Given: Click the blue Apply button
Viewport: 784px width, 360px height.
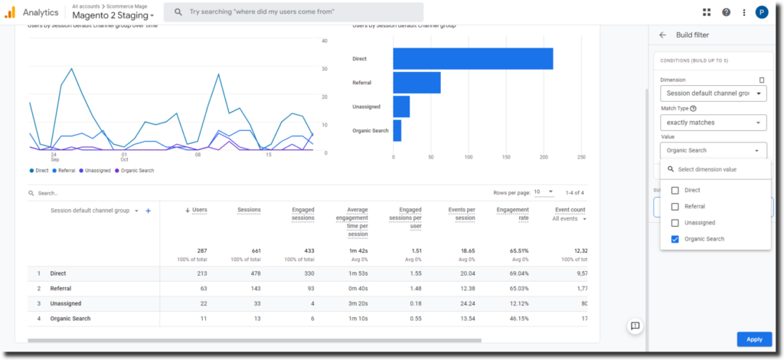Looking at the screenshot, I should (x=753, y=339).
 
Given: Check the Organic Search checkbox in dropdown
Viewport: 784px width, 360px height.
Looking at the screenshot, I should (x=675, y=239).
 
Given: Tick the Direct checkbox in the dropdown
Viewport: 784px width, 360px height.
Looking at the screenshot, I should (x=675, y=190).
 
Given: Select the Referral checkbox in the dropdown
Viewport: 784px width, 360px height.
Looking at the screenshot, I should (x=675, y=207).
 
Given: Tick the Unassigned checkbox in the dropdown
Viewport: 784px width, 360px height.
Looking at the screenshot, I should (x=675, y=223).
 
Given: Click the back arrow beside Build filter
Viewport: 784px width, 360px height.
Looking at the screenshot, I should (x=662, y=35).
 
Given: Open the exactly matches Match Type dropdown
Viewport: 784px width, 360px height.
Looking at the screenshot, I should (x=713, y=123).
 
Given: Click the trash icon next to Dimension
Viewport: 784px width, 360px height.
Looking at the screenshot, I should (x=761, y=80).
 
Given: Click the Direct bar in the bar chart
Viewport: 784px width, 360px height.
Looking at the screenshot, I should (x=472, y=59).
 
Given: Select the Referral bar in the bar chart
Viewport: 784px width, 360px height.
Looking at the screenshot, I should (x=416, y=83).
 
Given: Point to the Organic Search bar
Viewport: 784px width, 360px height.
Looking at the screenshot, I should (x=397, y=130).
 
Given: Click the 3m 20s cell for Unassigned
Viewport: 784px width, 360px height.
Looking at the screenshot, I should (x=357, y=303).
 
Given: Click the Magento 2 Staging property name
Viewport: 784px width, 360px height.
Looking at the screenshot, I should (x=113, y=16).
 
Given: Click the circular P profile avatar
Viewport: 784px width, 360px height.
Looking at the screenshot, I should (x=761, y=12).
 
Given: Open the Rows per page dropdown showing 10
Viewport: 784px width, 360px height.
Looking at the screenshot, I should (x=543, y=192).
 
